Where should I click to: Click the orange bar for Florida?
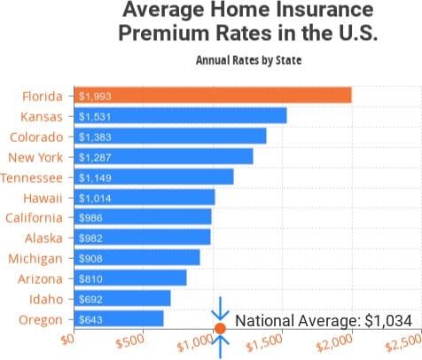[213, 96]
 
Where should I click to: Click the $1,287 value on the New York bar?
[95, 157]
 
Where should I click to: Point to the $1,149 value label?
[95, 177]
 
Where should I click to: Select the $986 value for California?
[90, 217]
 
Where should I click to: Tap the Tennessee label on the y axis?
[32, 177]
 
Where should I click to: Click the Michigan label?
[35, 258]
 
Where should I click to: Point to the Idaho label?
[46, 298]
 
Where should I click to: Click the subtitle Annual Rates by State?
[248, 61]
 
